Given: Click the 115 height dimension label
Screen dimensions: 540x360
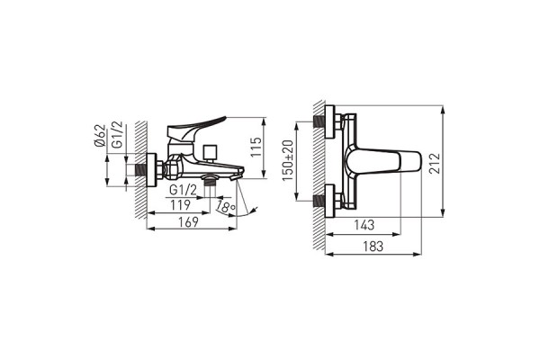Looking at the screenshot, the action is tap(256, 147).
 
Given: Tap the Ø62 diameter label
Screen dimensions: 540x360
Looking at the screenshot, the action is tap(100, 135).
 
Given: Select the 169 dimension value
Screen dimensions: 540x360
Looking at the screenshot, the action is tap(188, 222).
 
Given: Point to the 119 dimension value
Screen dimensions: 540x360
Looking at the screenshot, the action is tap(181, 204).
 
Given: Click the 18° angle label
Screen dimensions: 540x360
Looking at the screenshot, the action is tap(226, 207).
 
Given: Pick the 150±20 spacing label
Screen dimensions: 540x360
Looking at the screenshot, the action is tap(288, 160).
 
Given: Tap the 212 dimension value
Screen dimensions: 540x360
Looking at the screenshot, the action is tap(435, 163).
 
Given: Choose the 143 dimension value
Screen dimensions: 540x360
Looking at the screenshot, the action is tap(364, 225).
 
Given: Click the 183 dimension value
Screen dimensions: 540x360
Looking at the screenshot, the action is tap(373, 246).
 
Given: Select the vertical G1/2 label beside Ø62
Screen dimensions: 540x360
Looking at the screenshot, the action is tap(117, 135).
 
